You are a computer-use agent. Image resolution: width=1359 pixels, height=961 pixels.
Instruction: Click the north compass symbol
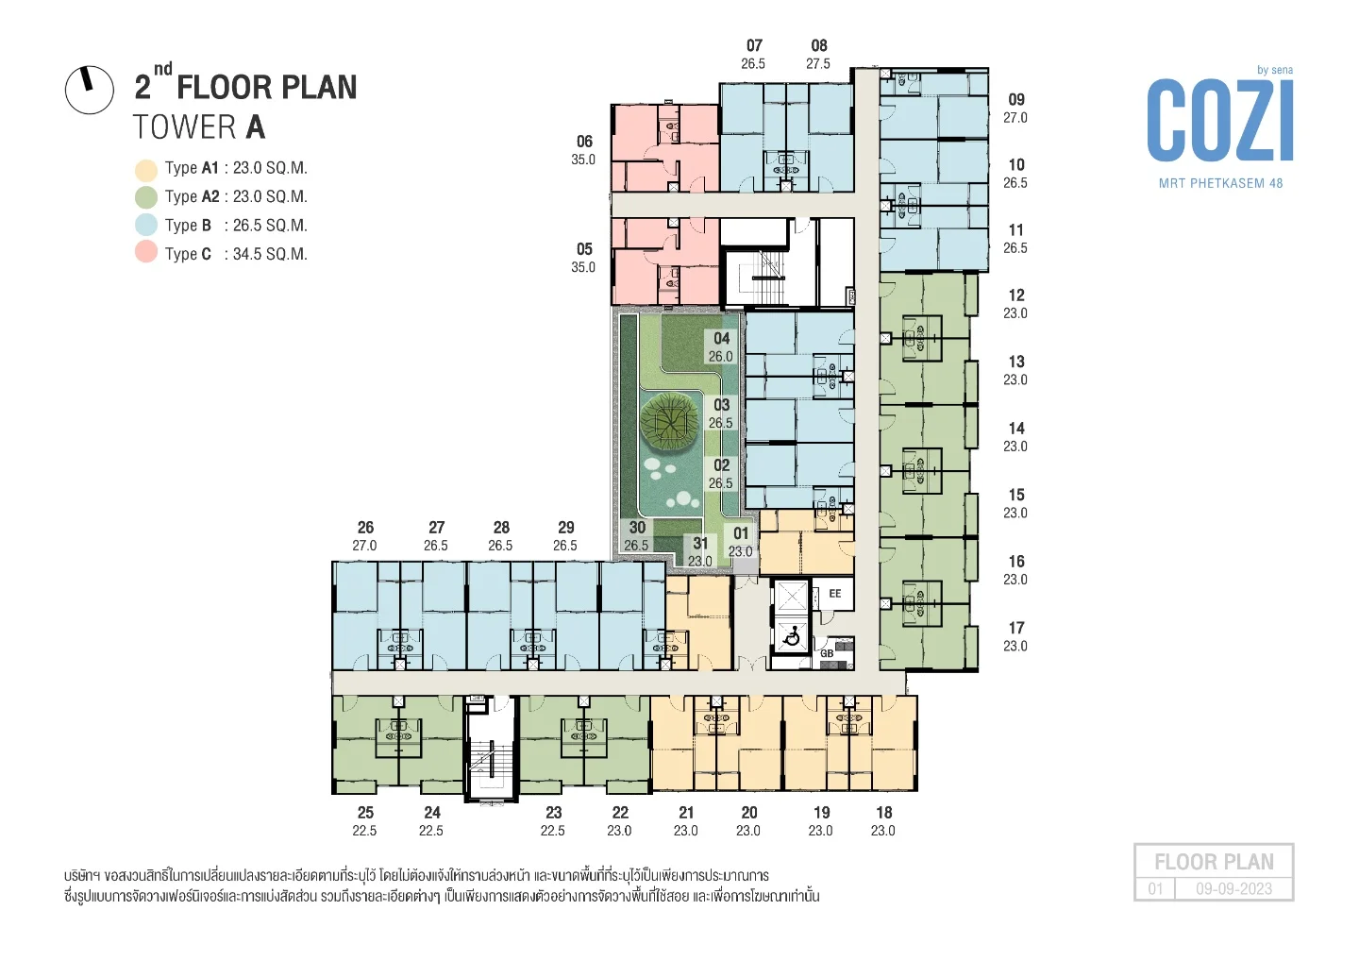point(89,89)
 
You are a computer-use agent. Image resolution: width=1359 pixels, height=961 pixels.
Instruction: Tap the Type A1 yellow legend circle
point(146,169)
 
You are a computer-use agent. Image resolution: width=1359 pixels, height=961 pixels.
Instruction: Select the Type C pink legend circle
point(146,252)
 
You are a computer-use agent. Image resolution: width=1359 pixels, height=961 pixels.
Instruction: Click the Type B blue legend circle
point(146,225)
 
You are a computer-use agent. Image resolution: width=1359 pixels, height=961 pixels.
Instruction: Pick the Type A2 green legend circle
point(146,196)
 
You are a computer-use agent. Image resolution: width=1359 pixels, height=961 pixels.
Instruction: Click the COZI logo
point(1220,120)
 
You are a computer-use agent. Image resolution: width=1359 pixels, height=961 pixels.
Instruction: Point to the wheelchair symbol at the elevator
point(791,637)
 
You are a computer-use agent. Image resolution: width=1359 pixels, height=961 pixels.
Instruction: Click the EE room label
point(835,594)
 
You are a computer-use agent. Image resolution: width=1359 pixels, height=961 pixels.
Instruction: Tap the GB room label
point(827,653)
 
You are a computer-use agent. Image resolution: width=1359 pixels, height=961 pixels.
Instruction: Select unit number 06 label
point(584,142)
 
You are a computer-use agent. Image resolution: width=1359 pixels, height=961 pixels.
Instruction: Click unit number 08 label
point(819,45)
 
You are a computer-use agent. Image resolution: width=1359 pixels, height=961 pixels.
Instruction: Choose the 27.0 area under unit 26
point(364,546)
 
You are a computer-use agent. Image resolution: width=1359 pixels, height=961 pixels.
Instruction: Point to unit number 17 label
point(1016,628)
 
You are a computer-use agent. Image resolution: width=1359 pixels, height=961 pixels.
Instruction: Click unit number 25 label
point(365,813)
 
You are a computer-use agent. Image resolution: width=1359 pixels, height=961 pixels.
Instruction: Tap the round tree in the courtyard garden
point(668,418)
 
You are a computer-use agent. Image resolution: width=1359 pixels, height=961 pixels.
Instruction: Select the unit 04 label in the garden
point(721,339)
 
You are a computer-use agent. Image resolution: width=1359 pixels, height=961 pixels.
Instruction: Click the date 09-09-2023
point(1234,889)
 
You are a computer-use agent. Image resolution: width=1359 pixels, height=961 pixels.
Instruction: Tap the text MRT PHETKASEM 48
point(1220,183)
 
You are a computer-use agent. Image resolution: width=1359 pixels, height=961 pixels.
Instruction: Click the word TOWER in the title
point(185,127)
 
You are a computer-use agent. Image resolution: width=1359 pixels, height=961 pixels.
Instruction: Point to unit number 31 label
point(700,543)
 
